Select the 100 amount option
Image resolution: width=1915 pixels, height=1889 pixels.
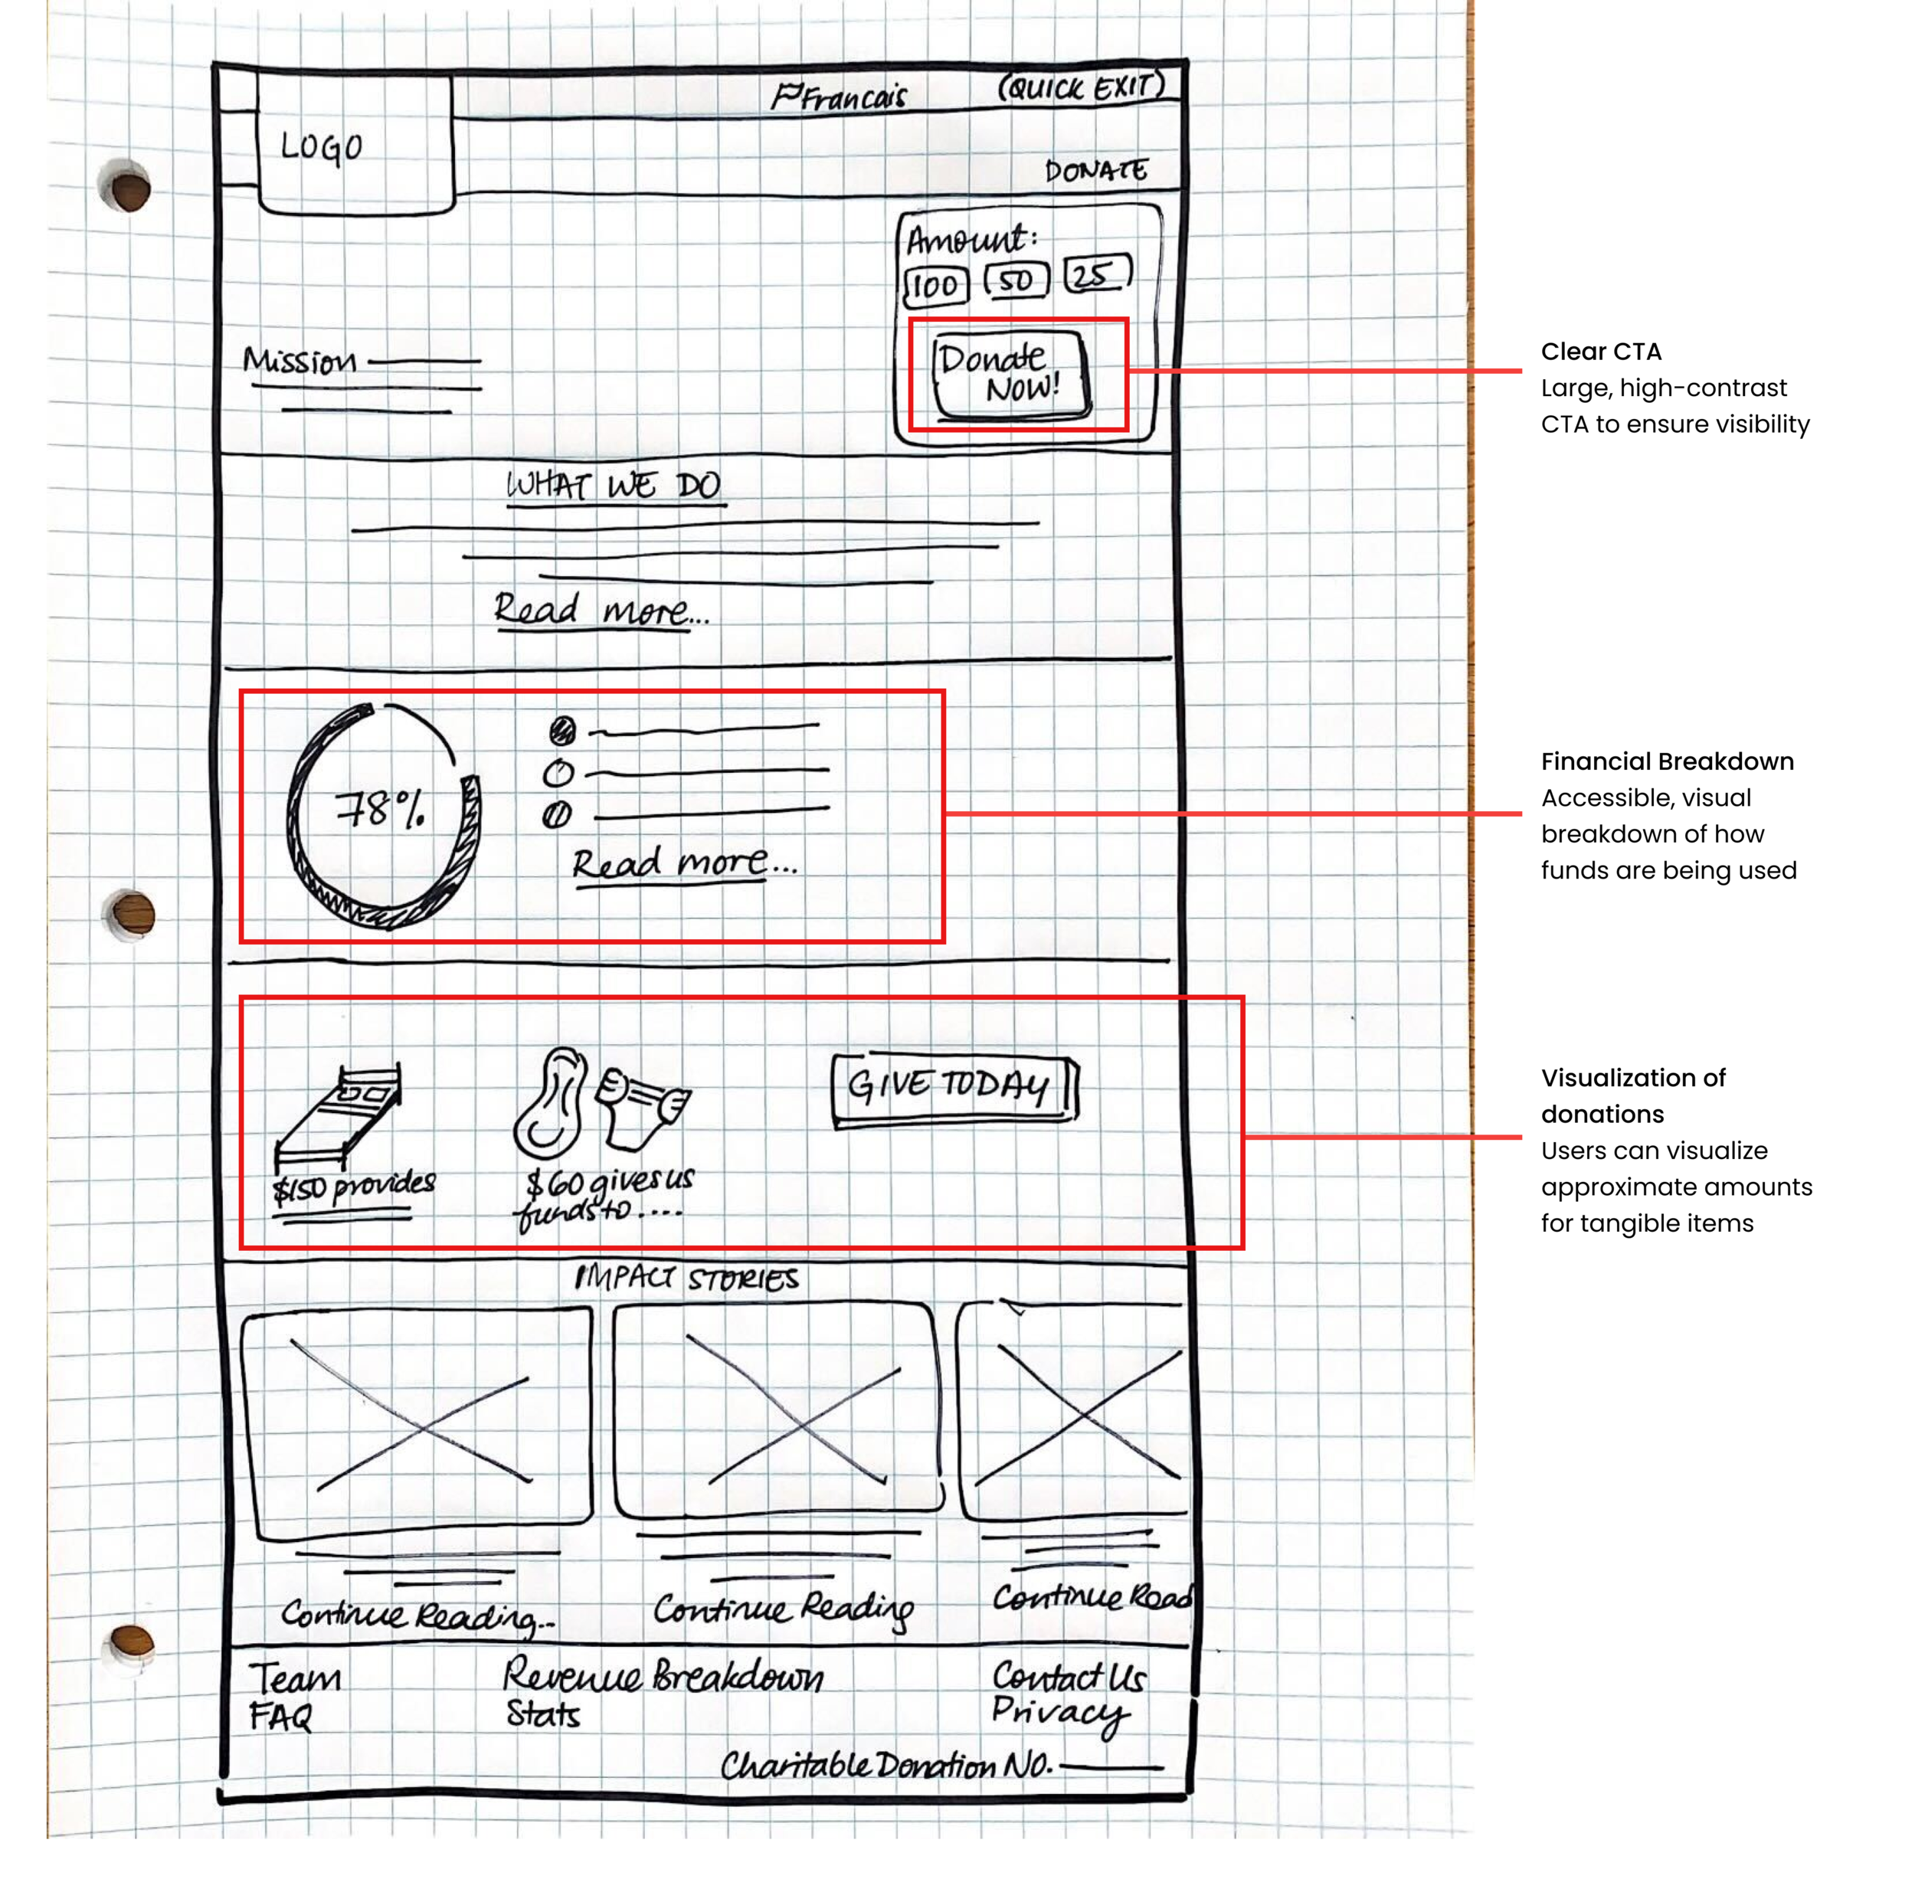click(935, 286)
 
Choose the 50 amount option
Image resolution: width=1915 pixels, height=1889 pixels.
click(1015, 280)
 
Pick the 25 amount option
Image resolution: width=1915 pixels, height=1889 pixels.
click(1095, 274)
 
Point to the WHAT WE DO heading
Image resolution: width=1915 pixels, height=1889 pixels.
click(614, 486)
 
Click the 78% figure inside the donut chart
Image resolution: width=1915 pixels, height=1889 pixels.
click(381, 810)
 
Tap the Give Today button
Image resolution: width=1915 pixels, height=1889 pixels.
click(953, 1089)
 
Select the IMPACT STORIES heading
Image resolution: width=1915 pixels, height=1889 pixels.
click(686, 1278)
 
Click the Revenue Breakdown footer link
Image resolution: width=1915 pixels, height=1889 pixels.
click(662, 1675)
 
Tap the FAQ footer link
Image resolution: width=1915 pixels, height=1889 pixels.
click(280, 1716)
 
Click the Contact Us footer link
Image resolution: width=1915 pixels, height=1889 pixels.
click(1069, 1676)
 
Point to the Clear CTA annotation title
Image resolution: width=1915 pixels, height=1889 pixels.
click(1600, 352)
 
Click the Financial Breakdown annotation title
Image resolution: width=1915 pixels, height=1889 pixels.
click(1666, 761)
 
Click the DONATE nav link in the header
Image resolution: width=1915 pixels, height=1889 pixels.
click(1095, 172)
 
